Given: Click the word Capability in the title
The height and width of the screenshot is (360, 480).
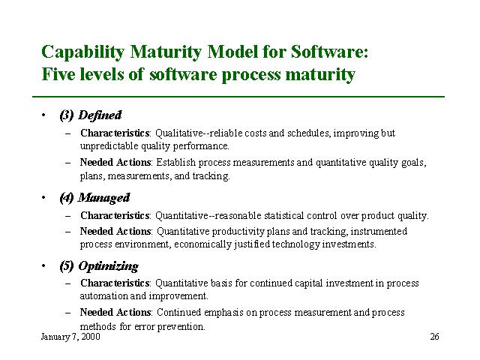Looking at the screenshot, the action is [x=82, y=52].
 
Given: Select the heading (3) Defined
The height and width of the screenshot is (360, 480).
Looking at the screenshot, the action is [x=91, y=115].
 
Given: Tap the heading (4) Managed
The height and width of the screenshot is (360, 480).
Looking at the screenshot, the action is [x=95, y=198].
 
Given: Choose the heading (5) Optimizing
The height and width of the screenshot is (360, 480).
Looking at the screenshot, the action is [x=99, y=266].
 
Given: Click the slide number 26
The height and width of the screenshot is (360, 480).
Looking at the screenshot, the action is [x=434, y=337].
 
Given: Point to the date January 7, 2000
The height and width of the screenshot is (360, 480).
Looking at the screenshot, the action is [x=70, y=337].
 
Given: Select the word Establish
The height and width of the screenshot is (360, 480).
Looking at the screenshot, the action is [x=175, y=162].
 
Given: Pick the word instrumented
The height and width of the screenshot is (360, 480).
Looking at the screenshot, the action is [x=379, y=231].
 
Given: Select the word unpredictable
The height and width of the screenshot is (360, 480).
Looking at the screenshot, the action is [x=109, y=146].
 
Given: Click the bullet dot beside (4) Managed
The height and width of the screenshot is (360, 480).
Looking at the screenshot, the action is [x=43, y=197].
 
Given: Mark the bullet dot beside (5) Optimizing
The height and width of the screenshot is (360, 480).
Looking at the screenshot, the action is [x=43, y=265].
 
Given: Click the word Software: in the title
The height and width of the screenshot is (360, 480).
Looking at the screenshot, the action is [x=329, y=52].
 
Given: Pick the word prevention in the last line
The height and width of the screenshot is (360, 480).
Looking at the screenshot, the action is [x=181, y=327].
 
